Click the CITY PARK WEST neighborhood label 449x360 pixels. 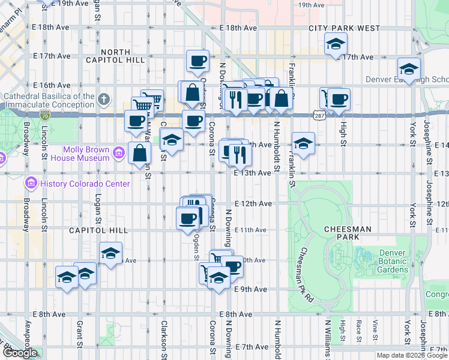[345, 28]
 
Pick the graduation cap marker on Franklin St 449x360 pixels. [303, 144]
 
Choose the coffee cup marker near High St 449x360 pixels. [338, 99]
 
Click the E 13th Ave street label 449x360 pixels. [252, 172]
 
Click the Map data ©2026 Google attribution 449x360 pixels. [412, 355]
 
